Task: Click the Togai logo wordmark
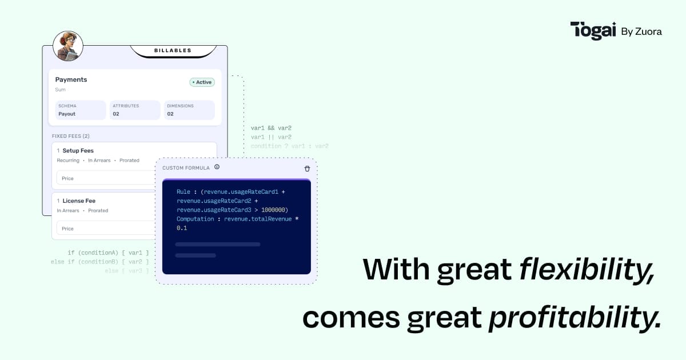(593, 31)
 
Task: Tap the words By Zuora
(641, 32)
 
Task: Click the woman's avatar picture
(68, 46)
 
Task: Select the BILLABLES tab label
(173, 51)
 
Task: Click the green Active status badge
(202, 82)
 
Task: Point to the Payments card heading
(71, 79)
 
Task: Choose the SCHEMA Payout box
(81, 110)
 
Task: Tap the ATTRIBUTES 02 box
(135, 110)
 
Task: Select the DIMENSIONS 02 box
(189, 110)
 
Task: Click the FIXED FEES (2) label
(70, 136)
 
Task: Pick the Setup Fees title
(78, 151)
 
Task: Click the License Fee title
(79, 201)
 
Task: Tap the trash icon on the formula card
(307, 168)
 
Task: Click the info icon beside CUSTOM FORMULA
(217, 167)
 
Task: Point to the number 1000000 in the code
(273, 210)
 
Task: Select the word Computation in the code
(195, 219)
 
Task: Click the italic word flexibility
(586, 269)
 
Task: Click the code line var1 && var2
(271, 128)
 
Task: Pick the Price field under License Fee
(106, 229)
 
